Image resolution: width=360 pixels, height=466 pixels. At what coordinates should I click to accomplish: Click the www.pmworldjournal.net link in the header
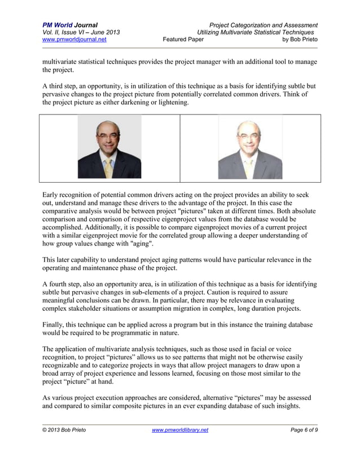coord(74,40)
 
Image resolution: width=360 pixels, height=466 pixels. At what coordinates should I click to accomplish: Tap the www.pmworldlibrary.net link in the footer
coord(180,430)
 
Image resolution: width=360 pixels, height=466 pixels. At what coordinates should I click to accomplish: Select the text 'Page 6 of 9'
coord(300,430)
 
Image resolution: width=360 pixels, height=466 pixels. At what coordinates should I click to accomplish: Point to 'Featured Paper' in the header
coord(183,40)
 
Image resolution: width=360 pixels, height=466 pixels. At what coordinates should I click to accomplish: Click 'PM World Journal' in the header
coord(70,25)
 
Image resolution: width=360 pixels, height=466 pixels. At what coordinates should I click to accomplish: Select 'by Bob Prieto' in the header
coord(300,40)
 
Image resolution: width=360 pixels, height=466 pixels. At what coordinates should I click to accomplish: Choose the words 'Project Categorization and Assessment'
coord(263,25)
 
